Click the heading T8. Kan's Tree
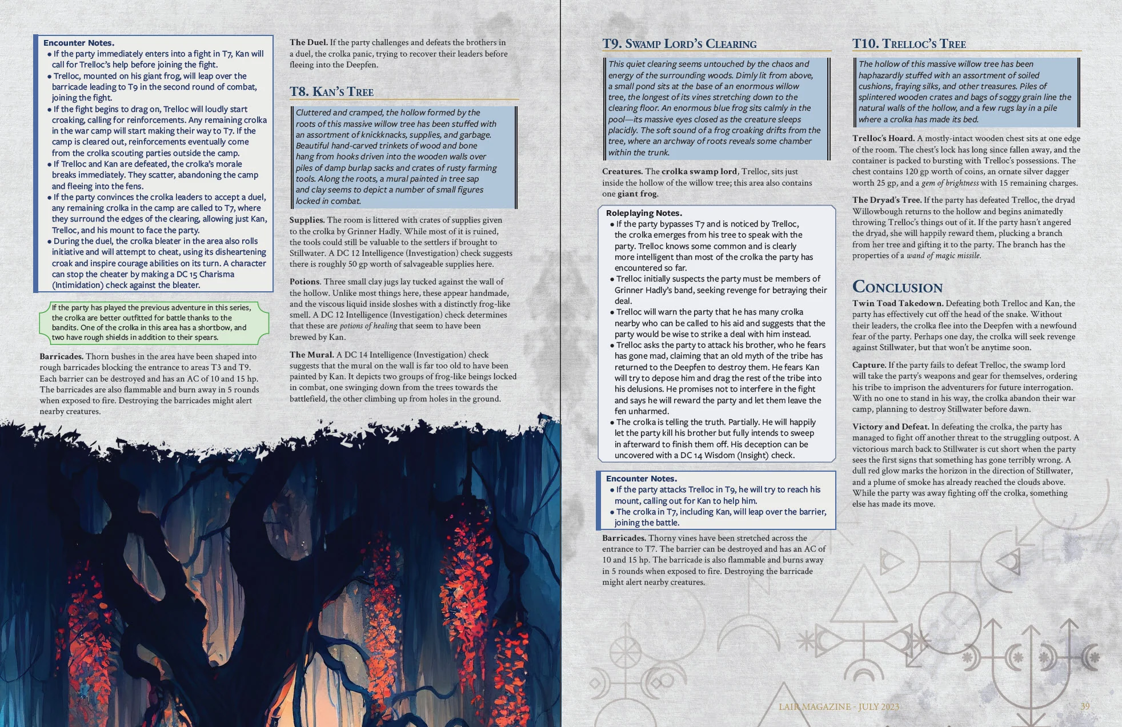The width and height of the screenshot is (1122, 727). (x=331, y=91)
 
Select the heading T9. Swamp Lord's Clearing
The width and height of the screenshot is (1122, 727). (x=679, y=44)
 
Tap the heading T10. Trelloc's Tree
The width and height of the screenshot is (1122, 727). (x=909, y=44)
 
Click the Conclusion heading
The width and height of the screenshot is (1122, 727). (x=897, y=287)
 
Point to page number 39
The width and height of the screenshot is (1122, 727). (x=1085, y=706)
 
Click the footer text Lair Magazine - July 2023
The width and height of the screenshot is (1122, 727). (x=839, y=707)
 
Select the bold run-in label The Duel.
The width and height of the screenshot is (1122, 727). (x=308, y=42)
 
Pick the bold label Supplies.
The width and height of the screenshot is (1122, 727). (x=307, y=220)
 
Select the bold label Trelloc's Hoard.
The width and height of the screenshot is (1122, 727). (x=883, y=138)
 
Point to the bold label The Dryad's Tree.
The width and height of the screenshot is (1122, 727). (x=887, y=200)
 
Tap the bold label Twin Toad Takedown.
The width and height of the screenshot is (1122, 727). (x=897, y=303)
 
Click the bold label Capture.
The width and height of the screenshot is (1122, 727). (x=869, y=365)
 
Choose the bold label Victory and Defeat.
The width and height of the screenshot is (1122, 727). (x=890, y=427)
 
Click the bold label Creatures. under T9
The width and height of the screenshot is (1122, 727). (x=622, y=171)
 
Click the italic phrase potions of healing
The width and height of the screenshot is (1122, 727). (x=368, y=326)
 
